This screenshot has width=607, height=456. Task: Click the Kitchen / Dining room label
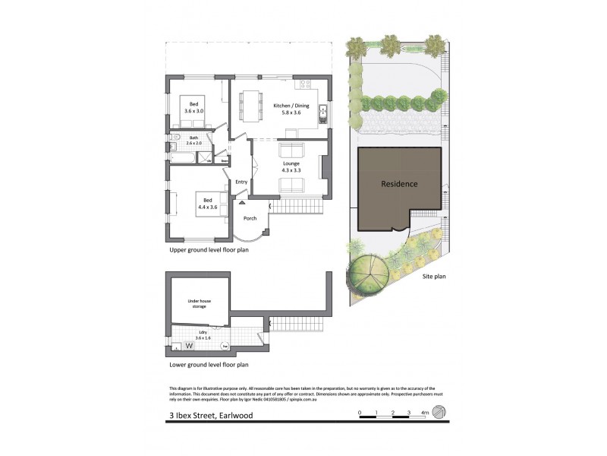point(287,109)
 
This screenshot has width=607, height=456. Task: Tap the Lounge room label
point(291,167)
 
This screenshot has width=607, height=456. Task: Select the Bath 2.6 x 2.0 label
point(193,141)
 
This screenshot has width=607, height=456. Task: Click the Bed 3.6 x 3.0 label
point(193,108)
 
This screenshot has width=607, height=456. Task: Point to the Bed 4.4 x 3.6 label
point(207,204)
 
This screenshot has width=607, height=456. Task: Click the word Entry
point(241,182)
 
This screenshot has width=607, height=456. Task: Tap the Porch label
point(250,219)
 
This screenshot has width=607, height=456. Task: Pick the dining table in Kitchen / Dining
point(250,107)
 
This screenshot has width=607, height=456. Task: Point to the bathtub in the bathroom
point(182,159)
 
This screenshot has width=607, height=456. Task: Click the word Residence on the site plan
point(399,184)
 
